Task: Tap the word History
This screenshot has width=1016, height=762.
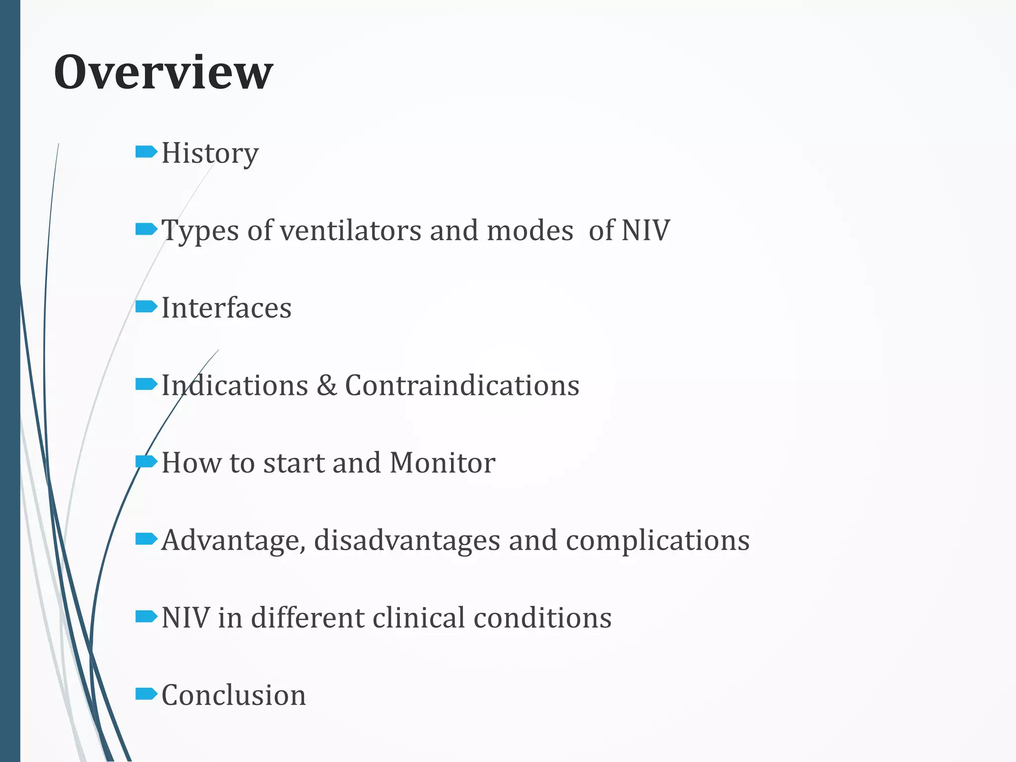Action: coord(210,153)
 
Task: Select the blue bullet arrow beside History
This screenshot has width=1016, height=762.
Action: coord(146,151)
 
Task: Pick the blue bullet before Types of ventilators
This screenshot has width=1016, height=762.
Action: coord(146,229)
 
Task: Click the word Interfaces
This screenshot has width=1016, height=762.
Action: coord(226,308)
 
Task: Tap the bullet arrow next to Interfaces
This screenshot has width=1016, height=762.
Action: coord(146,307)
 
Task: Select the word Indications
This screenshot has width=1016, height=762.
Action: coord(235,385)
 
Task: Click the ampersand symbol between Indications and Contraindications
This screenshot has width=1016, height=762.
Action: coord(326,385)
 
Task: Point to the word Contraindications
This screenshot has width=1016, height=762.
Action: coord(462,385)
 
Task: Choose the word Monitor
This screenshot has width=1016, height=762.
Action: coord(442,462)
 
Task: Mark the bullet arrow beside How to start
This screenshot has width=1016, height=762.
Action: coord(146,461)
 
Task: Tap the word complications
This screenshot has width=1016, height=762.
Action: coord(657,541)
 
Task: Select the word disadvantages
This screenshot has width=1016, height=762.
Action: coord(407,540)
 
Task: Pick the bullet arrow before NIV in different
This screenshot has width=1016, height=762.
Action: coord(146,616)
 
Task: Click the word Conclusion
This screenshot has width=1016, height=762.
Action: coord(234,695)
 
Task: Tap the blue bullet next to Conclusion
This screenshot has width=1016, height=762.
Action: coord(146,694)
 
